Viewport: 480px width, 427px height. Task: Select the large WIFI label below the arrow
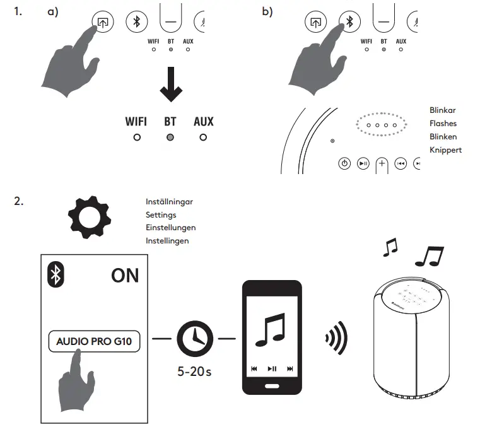coord(137,121)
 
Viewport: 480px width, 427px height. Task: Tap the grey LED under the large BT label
coord(170,137)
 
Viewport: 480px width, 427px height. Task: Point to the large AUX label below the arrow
coord(203,121)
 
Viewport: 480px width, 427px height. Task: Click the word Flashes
coord(443,124)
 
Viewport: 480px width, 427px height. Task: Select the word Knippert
coord(445,150)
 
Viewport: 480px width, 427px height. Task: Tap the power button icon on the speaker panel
coord(344,163)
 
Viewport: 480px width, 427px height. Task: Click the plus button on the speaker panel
coord(382,163)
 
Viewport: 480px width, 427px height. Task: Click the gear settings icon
coord(88,217)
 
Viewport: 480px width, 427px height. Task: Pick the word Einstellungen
coord(170,228)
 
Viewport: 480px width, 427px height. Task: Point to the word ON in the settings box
coord(124,276)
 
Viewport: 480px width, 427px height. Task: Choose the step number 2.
coord(18,202)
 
